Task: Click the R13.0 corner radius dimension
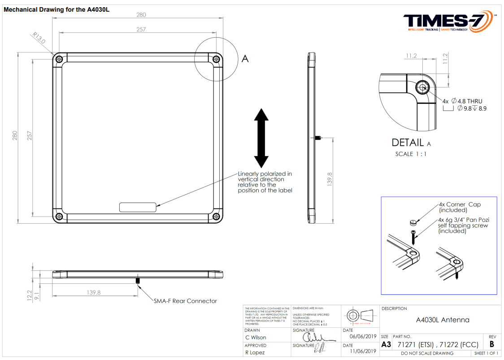(39, 38)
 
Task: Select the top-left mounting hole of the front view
(58, 59)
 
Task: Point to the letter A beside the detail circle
(245, 58)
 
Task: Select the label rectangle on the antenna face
(137, 207)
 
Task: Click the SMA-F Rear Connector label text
(185, 301)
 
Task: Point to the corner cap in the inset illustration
(413, 221)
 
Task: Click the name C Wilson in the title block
(256, 338)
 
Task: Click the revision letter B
(492, 344)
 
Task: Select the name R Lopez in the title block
(255, 352)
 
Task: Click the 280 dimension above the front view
(141, 15)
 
